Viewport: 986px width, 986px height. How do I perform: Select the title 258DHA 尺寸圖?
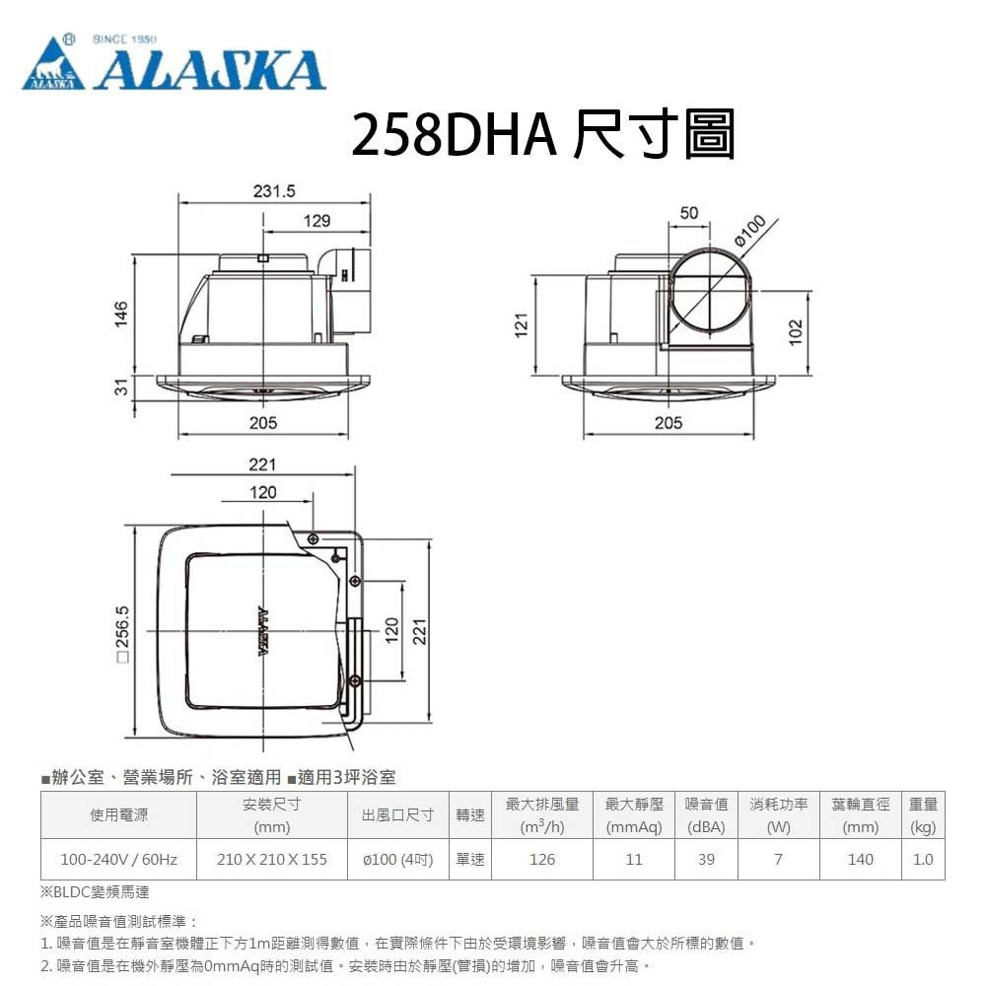click(543, 136)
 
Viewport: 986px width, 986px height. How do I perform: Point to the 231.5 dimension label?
click(274, 191)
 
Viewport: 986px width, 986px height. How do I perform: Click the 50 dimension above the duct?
click(688, 213)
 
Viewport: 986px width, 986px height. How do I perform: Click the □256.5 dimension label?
click(122, 631)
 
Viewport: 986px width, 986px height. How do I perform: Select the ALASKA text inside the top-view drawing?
click(263, 631)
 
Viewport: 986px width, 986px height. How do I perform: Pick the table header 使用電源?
click(118, 815)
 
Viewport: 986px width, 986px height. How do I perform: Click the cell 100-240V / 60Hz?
click(118, 859)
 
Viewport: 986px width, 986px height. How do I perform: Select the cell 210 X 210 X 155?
click(272, 859)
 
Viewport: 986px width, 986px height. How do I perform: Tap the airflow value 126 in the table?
click(542, 859)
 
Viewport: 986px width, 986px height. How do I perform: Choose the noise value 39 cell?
click(706, 859)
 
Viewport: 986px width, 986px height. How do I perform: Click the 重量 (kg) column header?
click(924, 815)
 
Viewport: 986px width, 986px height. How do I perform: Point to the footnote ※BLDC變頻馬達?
click(95, 891)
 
